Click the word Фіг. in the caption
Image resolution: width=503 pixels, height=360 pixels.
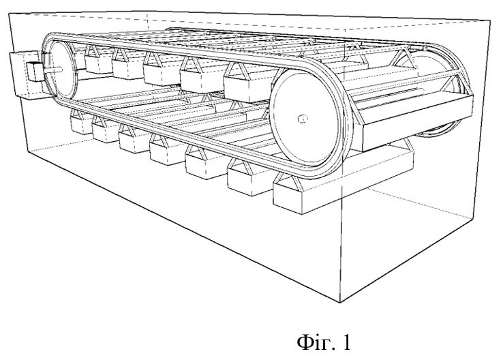click(x=316, y=343)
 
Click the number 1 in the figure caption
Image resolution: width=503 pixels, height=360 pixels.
click(x=346, y=342)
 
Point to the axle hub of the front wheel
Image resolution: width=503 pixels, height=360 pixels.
click(x=302, y=119)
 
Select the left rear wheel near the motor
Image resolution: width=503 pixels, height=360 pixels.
click(x=63, y=70)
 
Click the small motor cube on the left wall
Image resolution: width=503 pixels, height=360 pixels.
click(x=34, y=71)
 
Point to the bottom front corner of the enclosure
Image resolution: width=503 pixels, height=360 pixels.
click(x=340, y=302)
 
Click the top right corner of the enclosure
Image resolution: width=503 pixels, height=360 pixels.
click(x=490, y=20)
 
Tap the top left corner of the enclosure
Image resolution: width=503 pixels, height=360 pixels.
click(x=9, y=14)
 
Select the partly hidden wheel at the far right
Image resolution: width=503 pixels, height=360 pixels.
click(x=436, y=96)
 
